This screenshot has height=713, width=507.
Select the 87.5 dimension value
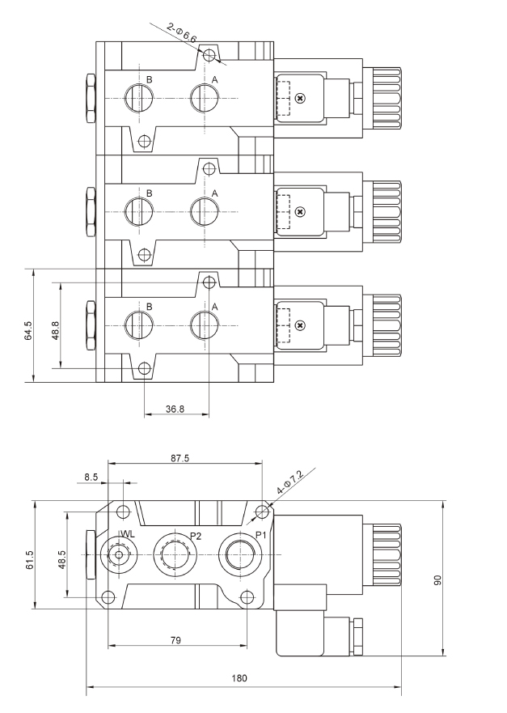(180, 458)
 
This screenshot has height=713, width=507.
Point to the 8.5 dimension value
(91, 477)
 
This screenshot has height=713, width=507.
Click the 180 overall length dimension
(239, 678)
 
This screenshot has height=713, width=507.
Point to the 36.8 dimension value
(175, 410)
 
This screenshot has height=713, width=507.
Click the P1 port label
(260, 536)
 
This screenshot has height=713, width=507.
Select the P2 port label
(196, 536)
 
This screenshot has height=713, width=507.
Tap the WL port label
(127, 534)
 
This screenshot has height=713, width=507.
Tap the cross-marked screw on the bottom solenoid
(301, 325)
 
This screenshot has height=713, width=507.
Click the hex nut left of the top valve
(90, 99)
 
